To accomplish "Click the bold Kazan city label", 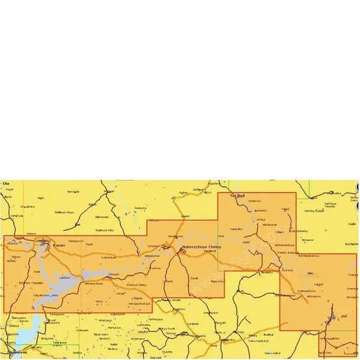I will coord(59,245).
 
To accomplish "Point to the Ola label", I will coord(7,184).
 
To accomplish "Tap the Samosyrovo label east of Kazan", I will coord(76,241).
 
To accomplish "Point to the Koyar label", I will coord(9,189).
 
